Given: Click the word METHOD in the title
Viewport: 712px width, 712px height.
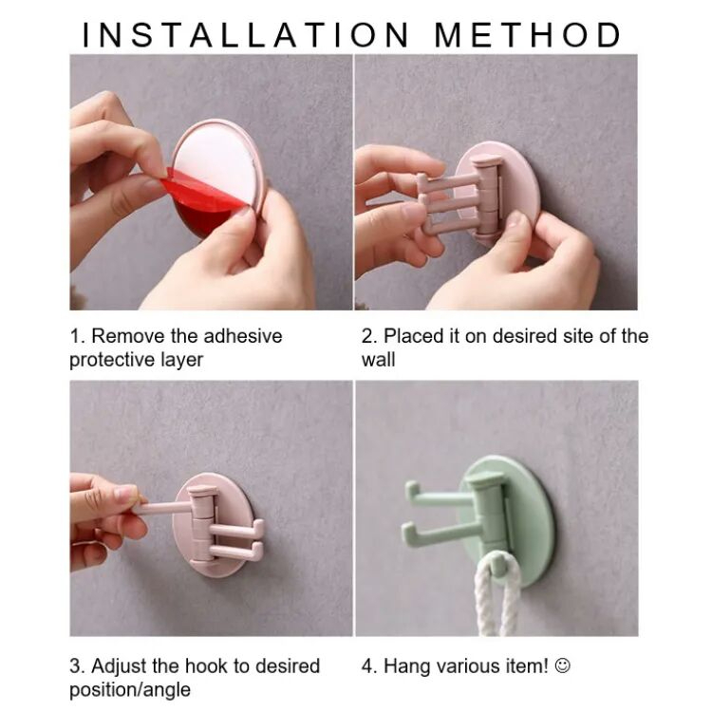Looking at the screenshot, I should pyautogui.click(x=528, y=34).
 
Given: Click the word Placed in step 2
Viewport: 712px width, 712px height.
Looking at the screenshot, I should pyautogui.click(x=414, y=336).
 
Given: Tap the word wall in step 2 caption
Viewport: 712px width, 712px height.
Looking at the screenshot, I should pyautogui.click(x=378, y=360).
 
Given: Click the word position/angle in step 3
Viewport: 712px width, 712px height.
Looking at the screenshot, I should pyautogui.click(x=130, y=690).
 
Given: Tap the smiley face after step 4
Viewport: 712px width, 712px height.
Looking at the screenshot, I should pyautogui.click(x=562, y=666).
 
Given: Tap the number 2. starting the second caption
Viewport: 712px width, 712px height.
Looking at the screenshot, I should pyautogui.click(x=369, y=336).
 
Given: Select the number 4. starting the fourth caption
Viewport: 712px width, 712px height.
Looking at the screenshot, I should pyautogui.click(x=369, y=666).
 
